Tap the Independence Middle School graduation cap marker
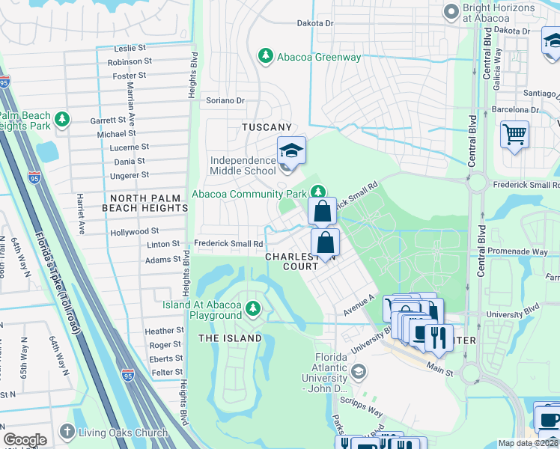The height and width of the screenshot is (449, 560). [291, 151]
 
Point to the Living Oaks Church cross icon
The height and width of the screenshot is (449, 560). [67, 432]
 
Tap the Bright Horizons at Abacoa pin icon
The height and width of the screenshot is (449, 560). [451, 12]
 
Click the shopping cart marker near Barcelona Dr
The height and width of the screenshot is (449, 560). [514, 135]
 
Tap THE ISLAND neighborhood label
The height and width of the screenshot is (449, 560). [230, 338]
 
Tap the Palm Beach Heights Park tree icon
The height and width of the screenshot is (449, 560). [63, 119]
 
